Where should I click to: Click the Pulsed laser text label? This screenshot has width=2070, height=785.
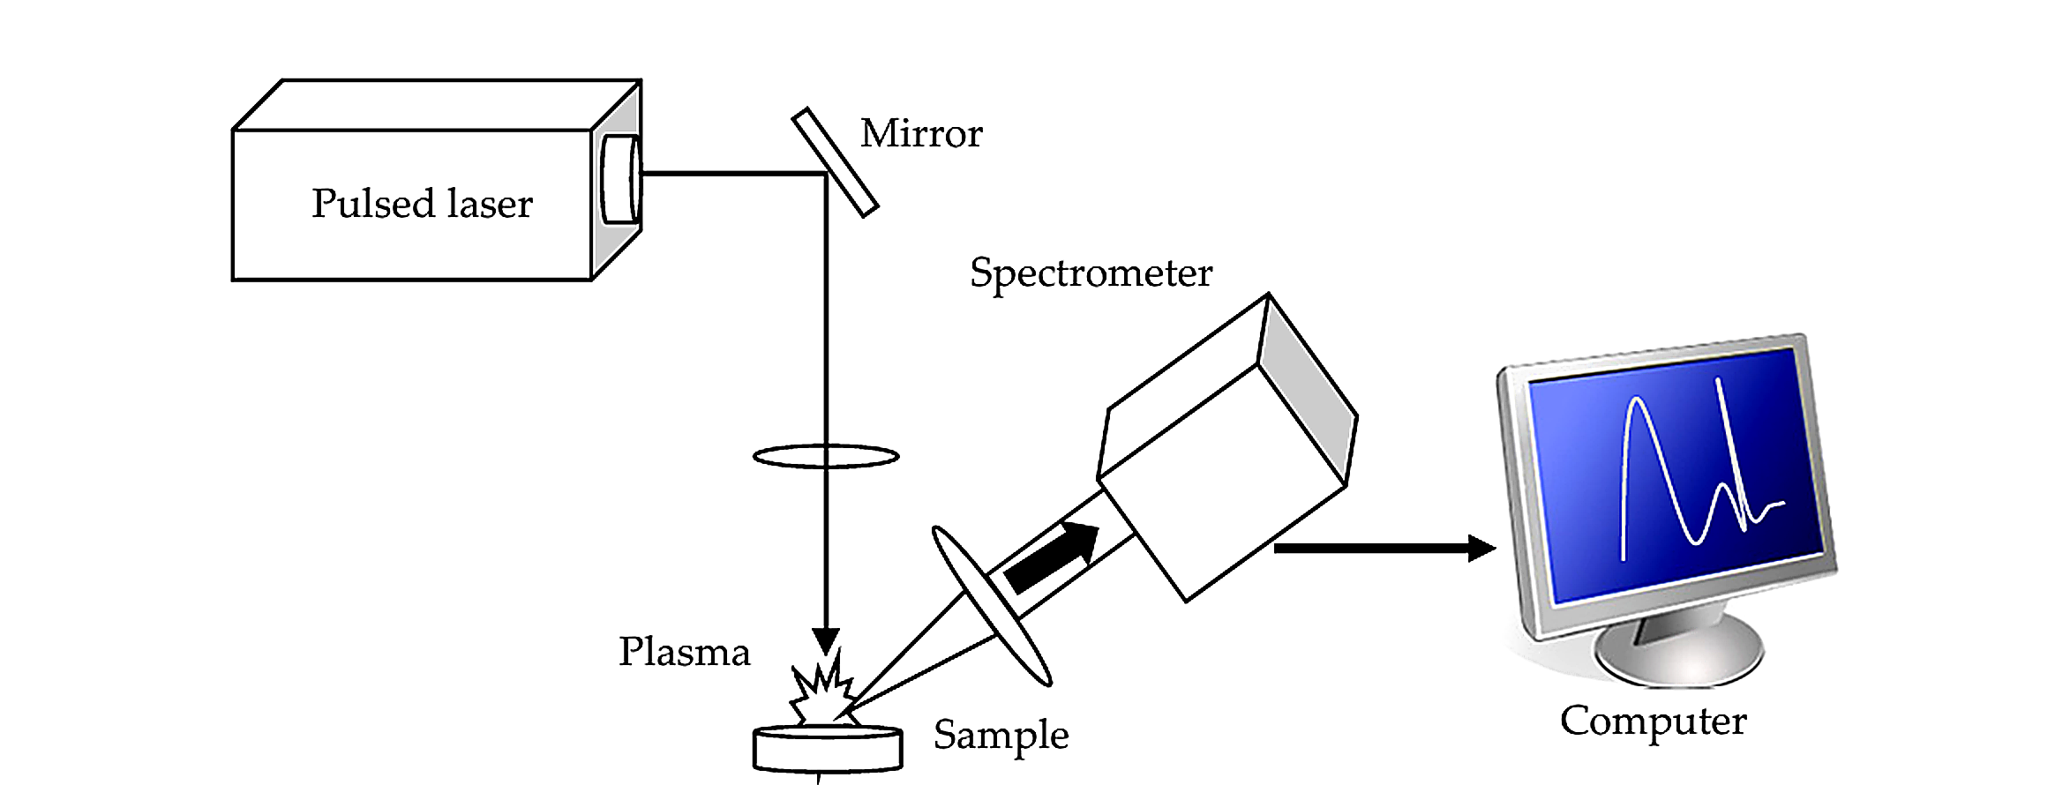(x=422, y=204)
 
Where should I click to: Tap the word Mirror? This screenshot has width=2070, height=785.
(x=920, y=134)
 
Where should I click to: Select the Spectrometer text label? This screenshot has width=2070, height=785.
(x=1091, y=273)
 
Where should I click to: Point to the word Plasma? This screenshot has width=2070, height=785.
(x=684, y=653)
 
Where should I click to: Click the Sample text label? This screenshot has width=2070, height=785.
(x=1001, y=735)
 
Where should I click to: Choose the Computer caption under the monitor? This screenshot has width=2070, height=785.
(x=1653, y=721)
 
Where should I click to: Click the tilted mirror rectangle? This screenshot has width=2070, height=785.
(x=834, y=162)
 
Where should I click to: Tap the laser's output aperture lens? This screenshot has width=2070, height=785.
(x=619, y=180)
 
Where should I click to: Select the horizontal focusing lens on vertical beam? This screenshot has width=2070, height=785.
(x=825, y=456)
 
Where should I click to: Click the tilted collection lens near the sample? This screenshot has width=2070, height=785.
(x=992, y=606)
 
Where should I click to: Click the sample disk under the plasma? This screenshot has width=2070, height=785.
(x=827, y=749)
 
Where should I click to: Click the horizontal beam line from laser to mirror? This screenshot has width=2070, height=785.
(x=732, y=174)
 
